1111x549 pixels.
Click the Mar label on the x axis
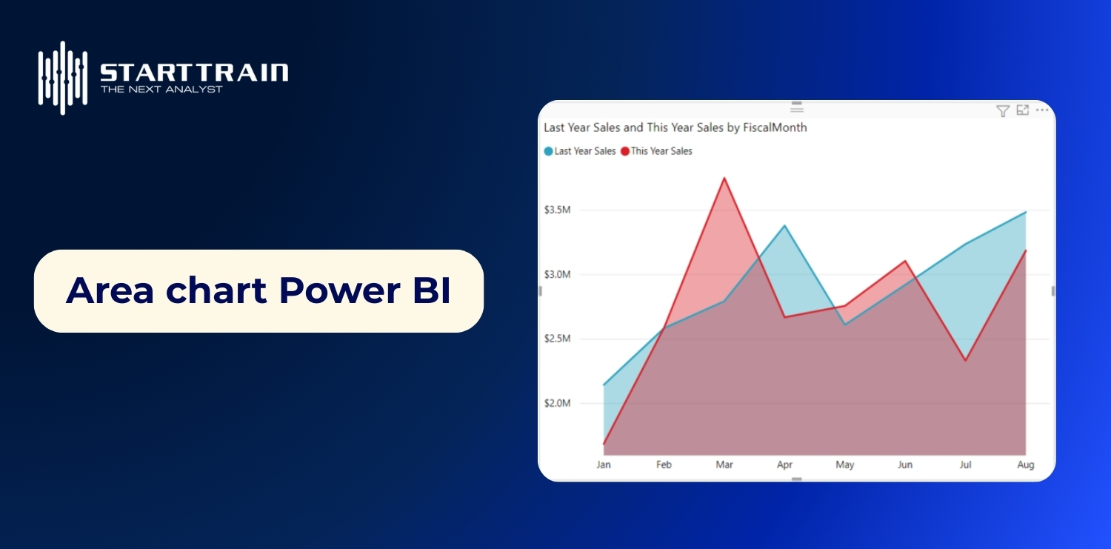(724, 465)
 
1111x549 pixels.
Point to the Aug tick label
(1025, 465)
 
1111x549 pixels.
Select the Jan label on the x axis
(604, 465)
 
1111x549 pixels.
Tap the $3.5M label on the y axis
(557, 210)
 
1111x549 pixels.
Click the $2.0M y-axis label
(557, 403)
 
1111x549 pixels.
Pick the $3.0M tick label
(557, 274)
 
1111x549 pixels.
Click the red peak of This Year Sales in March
(724, 178)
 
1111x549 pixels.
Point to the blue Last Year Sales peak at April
(784, 225)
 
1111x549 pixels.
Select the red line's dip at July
(965, 360)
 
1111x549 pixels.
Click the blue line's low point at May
(845, 325)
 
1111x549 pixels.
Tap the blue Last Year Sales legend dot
(548, 151)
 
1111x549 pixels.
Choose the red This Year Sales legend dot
(625, 151)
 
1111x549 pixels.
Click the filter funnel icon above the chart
(1002, 111)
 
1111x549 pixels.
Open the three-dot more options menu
(1042, 110)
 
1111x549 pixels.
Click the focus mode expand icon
(1023, 110)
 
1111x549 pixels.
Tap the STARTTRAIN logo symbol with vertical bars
(63, 77)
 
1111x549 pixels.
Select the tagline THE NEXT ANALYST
(161, 90)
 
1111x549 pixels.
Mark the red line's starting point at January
(604, 444)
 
